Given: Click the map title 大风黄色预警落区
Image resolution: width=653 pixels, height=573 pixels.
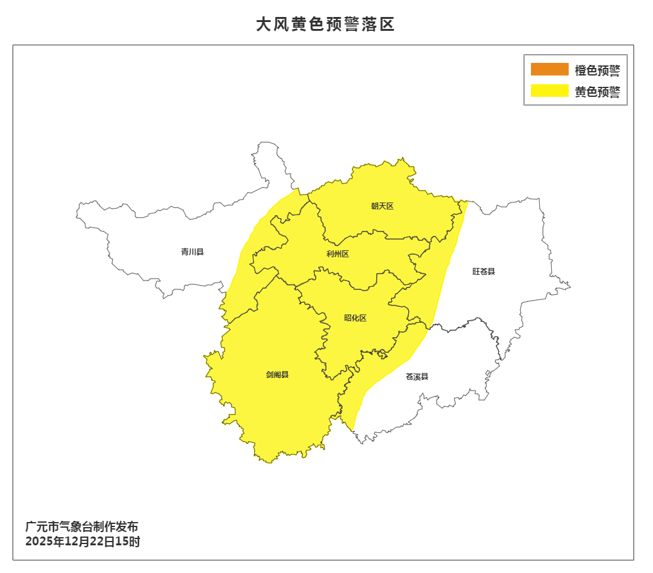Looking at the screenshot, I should click(325, 25).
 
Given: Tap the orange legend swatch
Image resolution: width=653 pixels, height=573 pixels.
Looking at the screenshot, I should click(549, 69).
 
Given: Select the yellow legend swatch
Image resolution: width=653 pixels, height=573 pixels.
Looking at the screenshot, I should click(549, 91).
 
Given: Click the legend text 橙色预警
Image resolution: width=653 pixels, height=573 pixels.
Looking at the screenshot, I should click(597, 70).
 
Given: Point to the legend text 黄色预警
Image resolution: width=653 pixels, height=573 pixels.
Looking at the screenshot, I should click(597, 92).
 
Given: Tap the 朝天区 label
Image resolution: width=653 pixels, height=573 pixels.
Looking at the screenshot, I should click(382, 206).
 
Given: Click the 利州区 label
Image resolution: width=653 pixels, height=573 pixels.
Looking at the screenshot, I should click(337, 254).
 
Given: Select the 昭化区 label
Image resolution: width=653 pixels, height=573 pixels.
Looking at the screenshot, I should click(355, 318).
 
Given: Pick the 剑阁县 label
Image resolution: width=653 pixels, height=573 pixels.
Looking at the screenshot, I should click(277, 375).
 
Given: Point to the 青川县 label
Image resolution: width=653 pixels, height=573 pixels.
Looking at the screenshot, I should click(193, 252).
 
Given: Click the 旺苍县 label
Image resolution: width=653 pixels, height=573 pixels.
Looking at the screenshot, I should click(484, 272).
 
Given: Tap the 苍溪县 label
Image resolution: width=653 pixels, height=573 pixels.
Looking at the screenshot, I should click(416, 377).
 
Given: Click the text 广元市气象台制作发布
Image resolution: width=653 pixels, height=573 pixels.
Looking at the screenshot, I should click(82, 527).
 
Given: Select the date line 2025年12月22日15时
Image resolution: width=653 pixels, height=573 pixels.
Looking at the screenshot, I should click(83, 542).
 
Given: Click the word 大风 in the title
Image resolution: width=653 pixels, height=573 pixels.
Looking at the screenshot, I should click(273, 25).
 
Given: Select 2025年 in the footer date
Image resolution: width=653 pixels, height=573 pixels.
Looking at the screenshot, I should click(43, 542).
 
